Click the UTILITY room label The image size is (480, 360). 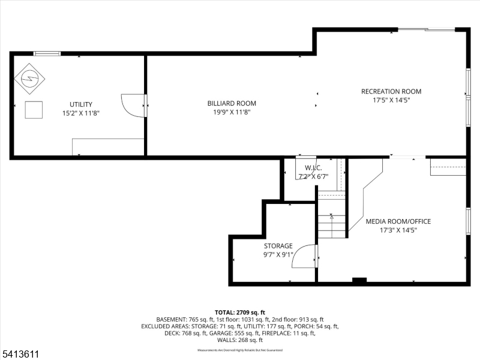(x=80, y=104)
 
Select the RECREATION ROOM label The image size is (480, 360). (x=391, y=92)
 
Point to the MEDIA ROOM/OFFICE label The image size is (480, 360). (x=398, y=221)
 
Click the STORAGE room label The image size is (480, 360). (x=278, y=246)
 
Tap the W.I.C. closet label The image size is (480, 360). (x=313, y=168)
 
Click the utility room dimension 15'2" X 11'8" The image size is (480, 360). (x=80, y=113)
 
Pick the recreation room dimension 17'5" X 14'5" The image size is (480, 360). (x=391, y=100)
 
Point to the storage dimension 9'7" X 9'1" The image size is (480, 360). (x=278, y=254)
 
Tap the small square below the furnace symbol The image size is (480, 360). (x=34, y=110)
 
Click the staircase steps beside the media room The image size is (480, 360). (x=332, y=216)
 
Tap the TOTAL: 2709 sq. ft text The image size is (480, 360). (x=239, y=313)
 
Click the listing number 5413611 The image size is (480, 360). (x=20, y=354)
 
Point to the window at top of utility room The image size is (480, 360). (x=47, y=53)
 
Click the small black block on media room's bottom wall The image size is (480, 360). (x=359, y=280)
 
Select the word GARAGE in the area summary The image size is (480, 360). (x=232, y=333)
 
